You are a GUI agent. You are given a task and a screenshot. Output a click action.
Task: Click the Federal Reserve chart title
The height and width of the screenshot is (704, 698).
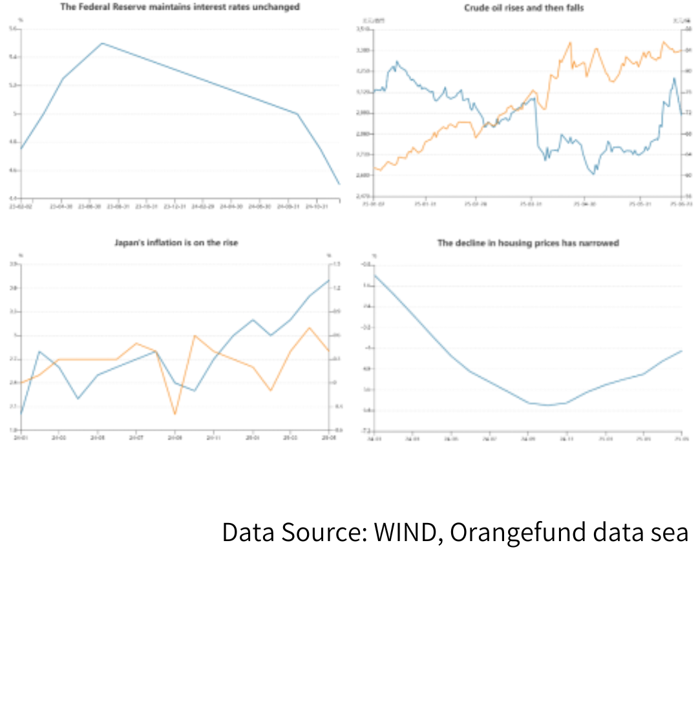coord(180,7)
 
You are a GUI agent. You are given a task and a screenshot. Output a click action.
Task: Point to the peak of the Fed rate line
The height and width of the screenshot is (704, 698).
coord(102,43)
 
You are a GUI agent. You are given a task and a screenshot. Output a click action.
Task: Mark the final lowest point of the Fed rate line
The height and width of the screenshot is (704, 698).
coord(339,184)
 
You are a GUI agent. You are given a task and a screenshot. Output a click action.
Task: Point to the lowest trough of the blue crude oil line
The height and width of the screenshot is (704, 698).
coord(593,174)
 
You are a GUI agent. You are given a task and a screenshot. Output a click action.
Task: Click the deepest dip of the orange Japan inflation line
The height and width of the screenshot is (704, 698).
coord(175,414)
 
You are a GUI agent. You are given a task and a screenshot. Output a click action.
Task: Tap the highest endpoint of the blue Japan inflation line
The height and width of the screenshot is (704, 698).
coord(329,280)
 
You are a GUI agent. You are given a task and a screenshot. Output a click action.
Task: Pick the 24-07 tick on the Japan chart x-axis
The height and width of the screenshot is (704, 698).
coord(136,438)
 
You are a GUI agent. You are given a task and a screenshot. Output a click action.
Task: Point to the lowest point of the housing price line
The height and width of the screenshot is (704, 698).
coord(547,405)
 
